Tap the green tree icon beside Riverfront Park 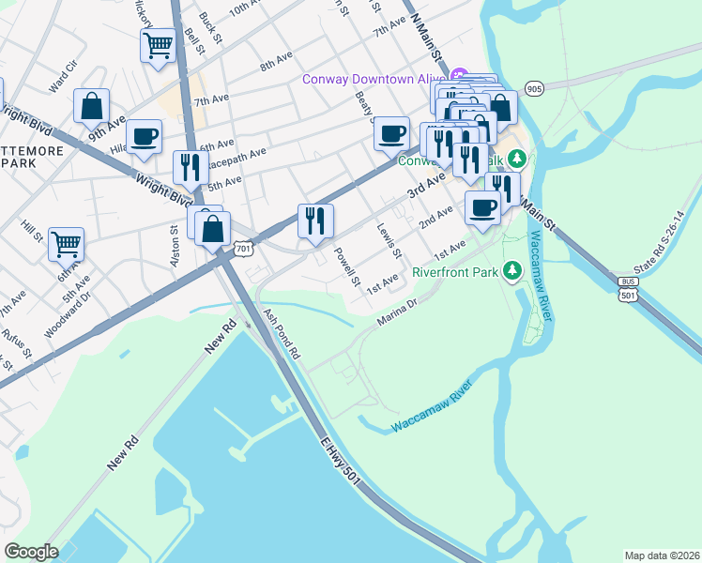[x=511, y=271]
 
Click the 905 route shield [x=534, y=89]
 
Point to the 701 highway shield [x=243, y=248]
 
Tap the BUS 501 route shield [x=629, y=289]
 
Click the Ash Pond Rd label [x=281, y=336]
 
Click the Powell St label [x=347, y=266]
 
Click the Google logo [x=31, y=552]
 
